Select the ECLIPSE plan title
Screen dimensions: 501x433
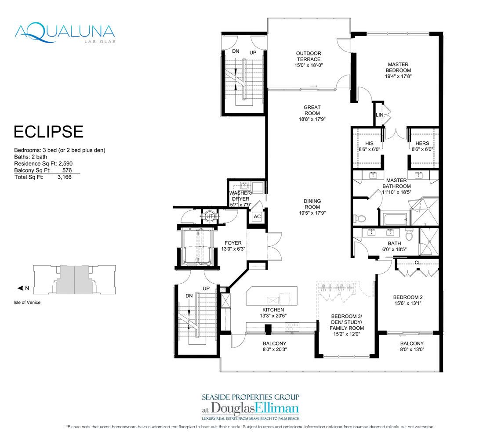point(49,132)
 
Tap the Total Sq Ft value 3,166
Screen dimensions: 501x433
point(65,177)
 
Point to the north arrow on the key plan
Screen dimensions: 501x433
point(21,289)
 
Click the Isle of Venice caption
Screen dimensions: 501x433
point(27,303)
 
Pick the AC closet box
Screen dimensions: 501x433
point(257,216)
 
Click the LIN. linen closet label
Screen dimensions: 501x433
point(380,115)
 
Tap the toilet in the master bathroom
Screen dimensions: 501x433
point(359,219)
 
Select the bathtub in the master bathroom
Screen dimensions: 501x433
point(395,219)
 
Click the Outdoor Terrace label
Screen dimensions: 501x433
point(309,56)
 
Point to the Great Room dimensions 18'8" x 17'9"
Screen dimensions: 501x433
point(312,119)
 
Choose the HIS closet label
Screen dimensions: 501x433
point(369,143)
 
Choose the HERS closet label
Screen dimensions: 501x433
point(422,143)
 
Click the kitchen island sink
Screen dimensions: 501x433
point(273,300)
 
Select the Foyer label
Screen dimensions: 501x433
point(233,243)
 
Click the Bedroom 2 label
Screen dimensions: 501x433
point(408,297)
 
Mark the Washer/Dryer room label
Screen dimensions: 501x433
point(240,196)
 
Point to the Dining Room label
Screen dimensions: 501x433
point(312,204)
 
